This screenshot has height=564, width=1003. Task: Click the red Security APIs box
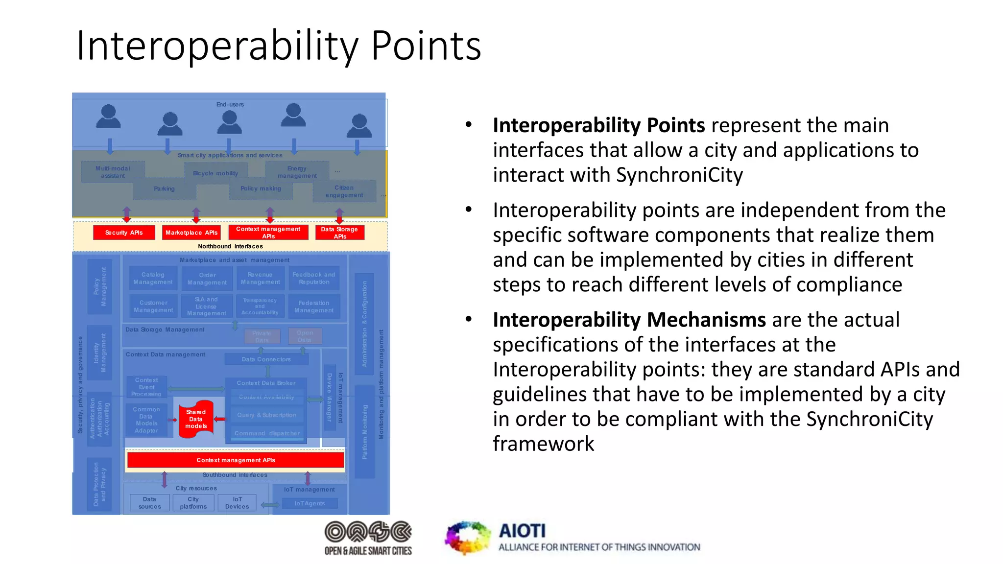pos(124,233)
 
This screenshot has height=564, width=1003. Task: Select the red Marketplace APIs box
pos(191,233)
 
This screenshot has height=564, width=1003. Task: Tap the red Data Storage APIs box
pos(339,233)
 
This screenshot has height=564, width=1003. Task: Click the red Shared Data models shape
pos(196,419)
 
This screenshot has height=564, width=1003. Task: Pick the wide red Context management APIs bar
pos(236,460)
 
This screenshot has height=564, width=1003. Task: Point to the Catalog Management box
pos(153,278)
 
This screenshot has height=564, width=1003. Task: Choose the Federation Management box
pos(314,306)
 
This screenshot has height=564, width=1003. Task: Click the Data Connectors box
pos(266,359)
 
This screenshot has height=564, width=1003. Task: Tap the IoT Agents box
pos(310,503)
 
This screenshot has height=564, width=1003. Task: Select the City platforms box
pos(193,503)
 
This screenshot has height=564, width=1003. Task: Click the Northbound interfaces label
pos(230,246)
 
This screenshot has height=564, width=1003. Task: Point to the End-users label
pos(230,104)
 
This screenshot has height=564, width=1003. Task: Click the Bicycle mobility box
pos(215,173)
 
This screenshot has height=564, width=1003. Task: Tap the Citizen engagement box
pos(344,191)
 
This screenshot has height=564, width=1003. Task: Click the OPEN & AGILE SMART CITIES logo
pos(368,538)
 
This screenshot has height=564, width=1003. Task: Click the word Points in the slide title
pos(426,47)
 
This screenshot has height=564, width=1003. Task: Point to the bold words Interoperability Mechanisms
pos(629,320)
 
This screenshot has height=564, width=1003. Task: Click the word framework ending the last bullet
pos(543,444)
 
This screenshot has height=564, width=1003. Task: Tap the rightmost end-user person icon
pos(359,126)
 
